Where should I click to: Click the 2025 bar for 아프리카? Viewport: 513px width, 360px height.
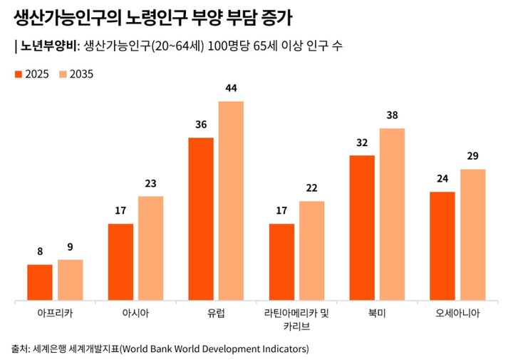40,282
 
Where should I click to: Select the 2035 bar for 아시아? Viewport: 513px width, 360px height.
150,248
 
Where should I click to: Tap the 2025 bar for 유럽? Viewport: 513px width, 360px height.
201,219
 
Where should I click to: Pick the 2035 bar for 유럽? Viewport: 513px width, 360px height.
231,201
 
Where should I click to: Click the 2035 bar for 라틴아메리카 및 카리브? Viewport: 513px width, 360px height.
311,251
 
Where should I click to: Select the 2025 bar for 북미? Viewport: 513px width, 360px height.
362,228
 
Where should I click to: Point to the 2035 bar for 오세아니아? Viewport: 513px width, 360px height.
472,235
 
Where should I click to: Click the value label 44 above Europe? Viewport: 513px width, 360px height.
231,88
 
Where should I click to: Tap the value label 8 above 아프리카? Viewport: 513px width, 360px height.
40,251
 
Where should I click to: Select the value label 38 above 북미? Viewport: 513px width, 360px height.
392,115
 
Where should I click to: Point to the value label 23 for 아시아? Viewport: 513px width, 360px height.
150,183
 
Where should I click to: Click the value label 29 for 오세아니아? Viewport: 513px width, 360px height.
472,156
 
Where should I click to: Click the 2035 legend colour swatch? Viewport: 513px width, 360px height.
63,74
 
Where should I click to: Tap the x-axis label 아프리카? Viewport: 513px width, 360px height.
55,313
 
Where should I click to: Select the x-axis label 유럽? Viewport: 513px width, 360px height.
216,313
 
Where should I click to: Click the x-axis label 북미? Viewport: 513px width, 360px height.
377,313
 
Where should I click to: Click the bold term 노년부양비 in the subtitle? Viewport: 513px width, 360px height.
46,46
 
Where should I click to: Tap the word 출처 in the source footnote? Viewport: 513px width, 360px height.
20,349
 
